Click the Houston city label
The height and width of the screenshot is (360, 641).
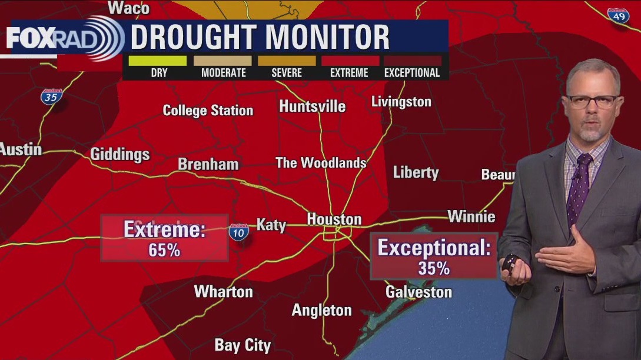[334, 219]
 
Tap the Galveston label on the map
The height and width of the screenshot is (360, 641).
[419, 292]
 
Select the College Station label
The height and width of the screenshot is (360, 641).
[208, 111]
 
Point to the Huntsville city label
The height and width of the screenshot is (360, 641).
[312, 106]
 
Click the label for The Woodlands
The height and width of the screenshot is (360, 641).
[321, 163]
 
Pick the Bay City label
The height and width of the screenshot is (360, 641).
[243, 345]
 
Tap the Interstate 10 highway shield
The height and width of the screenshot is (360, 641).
[238, 232]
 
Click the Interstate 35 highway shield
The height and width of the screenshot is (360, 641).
[51, 96]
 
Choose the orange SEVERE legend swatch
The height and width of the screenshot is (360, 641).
[287, 60]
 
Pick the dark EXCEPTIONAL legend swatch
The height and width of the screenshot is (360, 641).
[412, 60]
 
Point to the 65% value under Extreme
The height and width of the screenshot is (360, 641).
[164, 249]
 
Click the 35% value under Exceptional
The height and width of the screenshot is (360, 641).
[434, 268]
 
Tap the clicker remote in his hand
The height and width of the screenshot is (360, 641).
[509, 262]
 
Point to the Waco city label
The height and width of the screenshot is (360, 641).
[129, 8]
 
